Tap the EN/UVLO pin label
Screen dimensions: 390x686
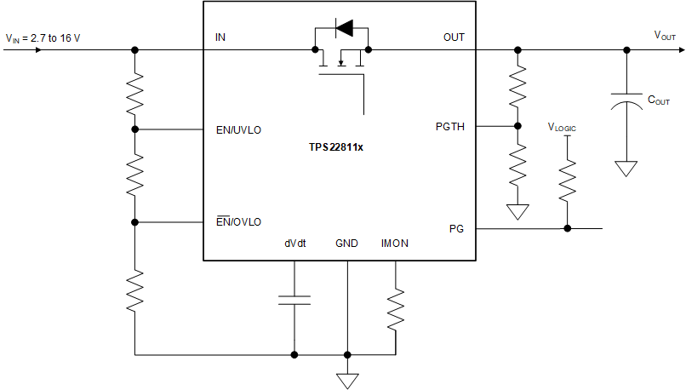tap(239, 130)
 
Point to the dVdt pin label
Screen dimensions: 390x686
tap(295, 244)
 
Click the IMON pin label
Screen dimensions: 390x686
tap(395, 244)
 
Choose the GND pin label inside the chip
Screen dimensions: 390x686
tap(346, 244)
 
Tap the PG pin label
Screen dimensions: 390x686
tap(456, 228)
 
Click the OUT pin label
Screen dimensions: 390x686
tap(454, 37)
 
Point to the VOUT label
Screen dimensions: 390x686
tap(665, 35)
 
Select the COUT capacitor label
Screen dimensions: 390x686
tap(659, 100)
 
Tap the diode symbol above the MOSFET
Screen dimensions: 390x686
tap(344, 29)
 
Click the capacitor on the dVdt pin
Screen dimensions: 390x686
tap(294, 299)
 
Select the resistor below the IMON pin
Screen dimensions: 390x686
tap(396, 311)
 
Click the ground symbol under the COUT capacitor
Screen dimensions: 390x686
tap(626, 168)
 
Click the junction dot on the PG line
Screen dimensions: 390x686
tap(568, 228)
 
